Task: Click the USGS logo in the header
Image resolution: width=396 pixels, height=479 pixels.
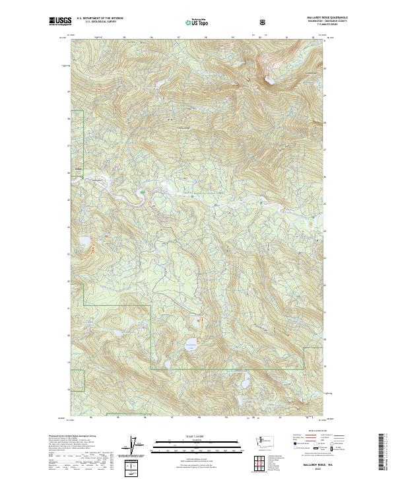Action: (60, 21)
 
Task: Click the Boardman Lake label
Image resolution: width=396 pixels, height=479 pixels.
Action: (190, 343)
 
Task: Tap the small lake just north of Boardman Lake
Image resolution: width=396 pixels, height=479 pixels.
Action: (198, 322)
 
